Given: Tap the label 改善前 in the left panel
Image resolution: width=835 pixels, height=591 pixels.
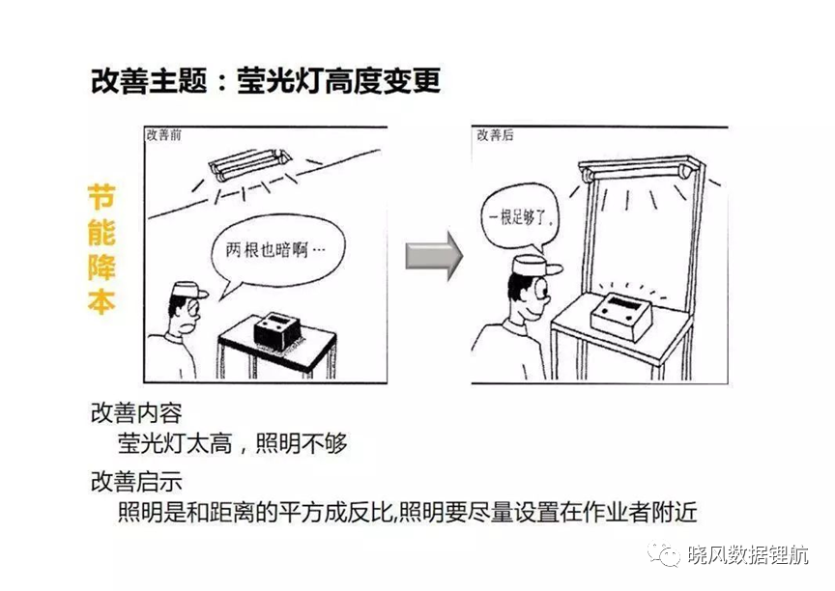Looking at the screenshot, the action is (x=164, y=135).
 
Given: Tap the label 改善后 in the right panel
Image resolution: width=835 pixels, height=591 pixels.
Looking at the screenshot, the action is (x=495, y=135).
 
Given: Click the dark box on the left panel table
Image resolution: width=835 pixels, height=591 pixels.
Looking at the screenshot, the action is (x=277, y=330).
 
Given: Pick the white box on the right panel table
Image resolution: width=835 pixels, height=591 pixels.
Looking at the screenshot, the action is (x=621, y=315).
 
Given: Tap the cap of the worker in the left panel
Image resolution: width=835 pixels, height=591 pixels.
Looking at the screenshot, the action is (x=189, y=291).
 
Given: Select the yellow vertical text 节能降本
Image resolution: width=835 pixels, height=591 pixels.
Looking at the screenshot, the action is (x=101, y=249).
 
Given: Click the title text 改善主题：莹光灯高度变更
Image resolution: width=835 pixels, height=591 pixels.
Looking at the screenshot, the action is (x=265, y=81).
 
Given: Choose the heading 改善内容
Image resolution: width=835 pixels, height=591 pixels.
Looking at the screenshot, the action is (x=136, y=413).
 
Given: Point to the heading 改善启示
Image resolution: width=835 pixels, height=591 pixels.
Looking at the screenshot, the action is (x=136, y=482).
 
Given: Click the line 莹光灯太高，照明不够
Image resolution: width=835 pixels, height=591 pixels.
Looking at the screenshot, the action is (x=232, y=443).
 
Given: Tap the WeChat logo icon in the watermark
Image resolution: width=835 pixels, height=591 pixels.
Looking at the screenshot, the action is (x=663, y=554).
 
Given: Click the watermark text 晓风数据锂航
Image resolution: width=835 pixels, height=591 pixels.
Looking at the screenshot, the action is (x=748, y=555).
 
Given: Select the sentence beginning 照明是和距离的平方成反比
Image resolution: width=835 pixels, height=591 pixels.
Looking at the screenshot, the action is (x=408, y=512).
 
